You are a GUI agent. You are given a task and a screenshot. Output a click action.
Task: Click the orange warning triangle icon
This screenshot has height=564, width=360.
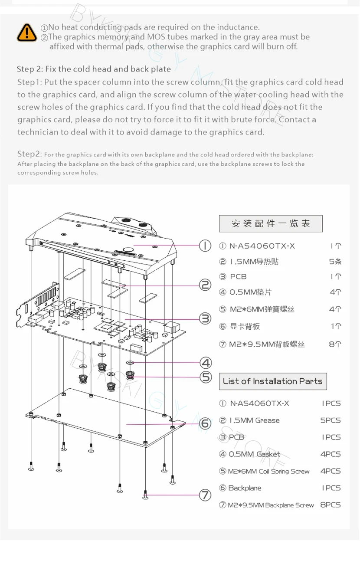(27, 33)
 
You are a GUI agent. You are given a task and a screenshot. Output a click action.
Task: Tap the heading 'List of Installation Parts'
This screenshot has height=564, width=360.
(272, 381)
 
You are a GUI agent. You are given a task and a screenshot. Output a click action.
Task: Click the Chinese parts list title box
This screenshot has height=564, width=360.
(271, 224)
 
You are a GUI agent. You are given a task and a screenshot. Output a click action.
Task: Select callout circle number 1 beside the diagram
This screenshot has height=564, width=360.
(205, 246)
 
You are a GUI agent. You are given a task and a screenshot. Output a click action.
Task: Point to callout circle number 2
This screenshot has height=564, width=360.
(205, 285)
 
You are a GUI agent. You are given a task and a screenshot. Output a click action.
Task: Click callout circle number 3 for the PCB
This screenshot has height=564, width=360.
(205, 319)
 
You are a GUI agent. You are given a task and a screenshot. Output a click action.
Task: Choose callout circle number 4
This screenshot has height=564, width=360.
(206, 363)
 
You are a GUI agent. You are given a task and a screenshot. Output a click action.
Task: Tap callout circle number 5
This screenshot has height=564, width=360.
(206, 377)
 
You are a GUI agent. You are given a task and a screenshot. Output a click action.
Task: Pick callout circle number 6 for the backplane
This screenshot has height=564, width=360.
(205, 423)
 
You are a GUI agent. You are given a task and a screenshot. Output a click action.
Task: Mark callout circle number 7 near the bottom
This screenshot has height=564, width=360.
(205, 495)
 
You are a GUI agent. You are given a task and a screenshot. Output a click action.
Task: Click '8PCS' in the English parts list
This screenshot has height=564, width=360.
(331, 505)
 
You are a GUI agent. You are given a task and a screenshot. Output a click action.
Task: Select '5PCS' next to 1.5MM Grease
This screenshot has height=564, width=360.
(331, 420)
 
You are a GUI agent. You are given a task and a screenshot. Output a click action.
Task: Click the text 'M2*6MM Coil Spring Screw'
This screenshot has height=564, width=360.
(269, 471)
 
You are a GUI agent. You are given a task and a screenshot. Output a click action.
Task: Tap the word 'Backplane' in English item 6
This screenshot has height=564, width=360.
(245, 488)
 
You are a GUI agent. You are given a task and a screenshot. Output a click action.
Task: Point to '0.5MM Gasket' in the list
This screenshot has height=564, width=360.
(254, 454)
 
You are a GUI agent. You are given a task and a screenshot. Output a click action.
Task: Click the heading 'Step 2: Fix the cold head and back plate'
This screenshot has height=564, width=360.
(94, 69)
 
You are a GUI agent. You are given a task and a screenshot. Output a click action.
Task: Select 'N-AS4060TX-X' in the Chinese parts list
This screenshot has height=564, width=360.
(262, 246)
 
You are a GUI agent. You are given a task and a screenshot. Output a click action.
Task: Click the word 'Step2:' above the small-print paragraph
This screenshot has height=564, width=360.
(29, 154)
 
